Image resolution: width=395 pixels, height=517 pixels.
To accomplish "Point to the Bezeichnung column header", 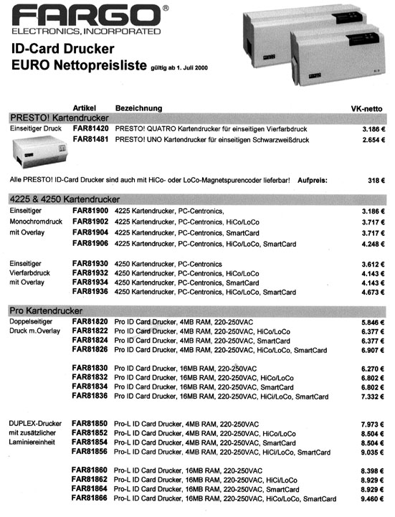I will (138, 108).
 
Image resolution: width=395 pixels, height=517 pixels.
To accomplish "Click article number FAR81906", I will (90, 244).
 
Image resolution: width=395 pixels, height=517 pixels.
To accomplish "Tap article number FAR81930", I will (90, 264).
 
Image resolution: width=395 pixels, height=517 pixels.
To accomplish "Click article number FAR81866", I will (90, 498).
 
